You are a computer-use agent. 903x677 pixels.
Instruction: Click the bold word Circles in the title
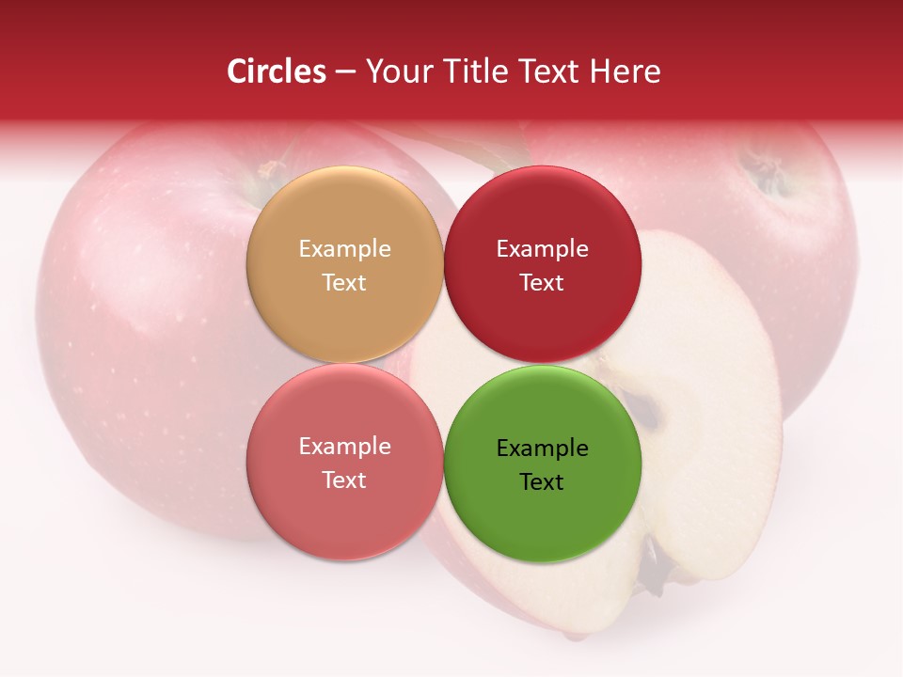pyautogui.click(x=276, y=71)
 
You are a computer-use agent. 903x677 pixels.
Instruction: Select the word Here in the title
pyautogui.click(x=626, y=71)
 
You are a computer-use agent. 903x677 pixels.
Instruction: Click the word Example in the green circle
pyautogui.click(x=542, y=449)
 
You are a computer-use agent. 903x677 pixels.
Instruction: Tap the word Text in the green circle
pyautogui.click(x=542, y=482)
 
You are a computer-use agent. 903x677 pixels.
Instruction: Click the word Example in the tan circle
pyautogui.click(x=344, y=249)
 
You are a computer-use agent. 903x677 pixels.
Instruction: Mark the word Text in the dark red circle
pyautogui.click(x=542, y=283)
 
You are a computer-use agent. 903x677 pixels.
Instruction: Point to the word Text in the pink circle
pyautogui.click(x=344, y=480)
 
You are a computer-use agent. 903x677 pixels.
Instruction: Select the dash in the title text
pyautogui.click(x=344, y=71)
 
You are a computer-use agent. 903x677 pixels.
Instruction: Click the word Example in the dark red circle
pyautogui.click(x=542, y=249)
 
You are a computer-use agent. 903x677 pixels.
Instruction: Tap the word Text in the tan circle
pyautogui.click(x=344, y=283)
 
